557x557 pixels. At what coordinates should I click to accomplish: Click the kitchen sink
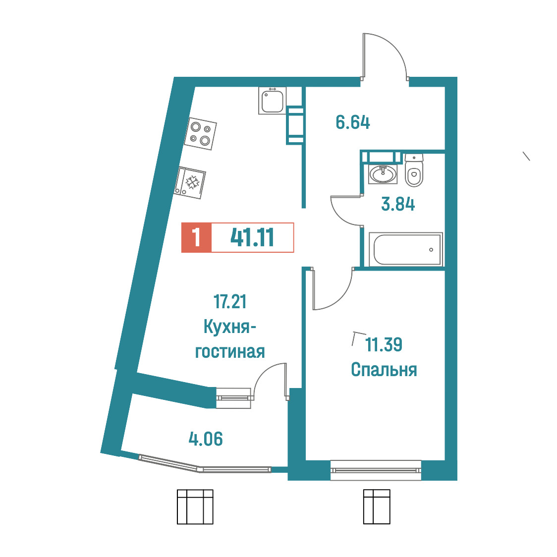pyautogui.click(x=272, y=101)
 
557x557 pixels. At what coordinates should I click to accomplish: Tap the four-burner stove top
pyautogui.click(x=200, y=134)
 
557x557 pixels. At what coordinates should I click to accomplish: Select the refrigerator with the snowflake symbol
pyautogui.click(x=190, y=183)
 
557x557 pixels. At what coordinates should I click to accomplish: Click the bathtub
pyautogui.click(x=406, y=249)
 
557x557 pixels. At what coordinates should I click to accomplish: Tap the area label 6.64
pyautogui.click(x=353, y=122)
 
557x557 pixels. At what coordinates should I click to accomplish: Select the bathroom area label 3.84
pyautogui.click(x=398, y=205)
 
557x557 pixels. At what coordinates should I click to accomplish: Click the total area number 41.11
pyautogui.click(x=252, y=238)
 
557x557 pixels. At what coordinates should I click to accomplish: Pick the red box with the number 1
pyautogui.click(x=196, y=238)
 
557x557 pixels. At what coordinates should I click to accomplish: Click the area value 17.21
pyautogui.click(x=230, y=302)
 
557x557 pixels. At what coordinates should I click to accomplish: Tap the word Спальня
pyautogui.click(x=384, y=370)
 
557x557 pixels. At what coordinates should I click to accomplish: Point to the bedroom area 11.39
pyautogui.click(x=384, y=344)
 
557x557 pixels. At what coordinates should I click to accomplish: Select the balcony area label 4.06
pyautogui.click(x=206, y=439)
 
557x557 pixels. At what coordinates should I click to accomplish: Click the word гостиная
pyautogui.click(x=230, y=352)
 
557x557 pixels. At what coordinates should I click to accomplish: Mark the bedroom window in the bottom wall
pyautogui.click(x=376, y=470)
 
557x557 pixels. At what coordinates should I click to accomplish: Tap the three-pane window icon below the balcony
pyautogui.click(x=195, y=507)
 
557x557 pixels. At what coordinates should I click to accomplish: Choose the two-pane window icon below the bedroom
pyautogui.click(x=377, y=507)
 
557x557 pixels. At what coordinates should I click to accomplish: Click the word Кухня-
pyautogui.click(x=230, y=327)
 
